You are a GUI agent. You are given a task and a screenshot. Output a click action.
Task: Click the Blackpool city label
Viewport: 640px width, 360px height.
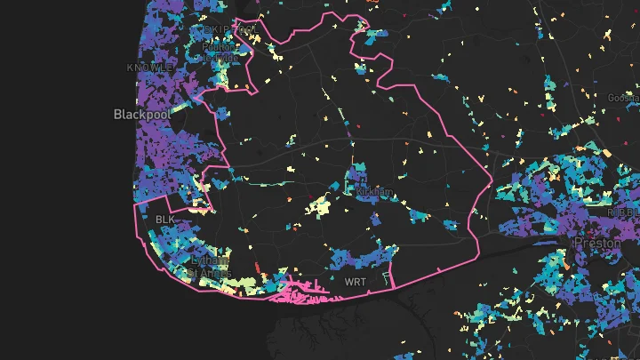[x=138, y=115]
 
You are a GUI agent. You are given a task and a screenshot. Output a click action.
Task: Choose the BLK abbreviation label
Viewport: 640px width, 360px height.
[x=166, y=219]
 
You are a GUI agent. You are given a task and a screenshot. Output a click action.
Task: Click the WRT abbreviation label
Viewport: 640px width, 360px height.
[x=354, y=282]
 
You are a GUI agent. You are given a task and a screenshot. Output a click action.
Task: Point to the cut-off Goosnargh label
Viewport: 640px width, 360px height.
[x=623, y=97]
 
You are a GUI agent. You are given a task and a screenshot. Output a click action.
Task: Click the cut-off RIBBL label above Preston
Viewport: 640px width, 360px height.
[x=624, y=213]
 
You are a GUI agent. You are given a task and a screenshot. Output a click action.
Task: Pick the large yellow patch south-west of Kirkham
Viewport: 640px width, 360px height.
[x=317, y=208]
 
